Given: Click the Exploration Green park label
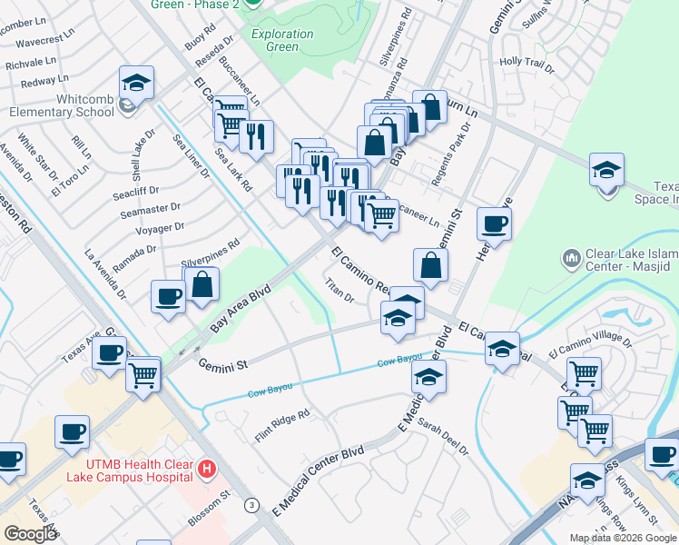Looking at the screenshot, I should [x=282, y=40].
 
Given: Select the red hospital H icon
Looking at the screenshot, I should [x=207, y=470].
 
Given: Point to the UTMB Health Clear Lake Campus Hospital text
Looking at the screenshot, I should [x=130, y=470].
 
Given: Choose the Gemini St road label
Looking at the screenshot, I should [x=223, y=365].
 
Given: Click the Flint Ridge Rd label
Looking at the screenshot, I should [x=281, y=420].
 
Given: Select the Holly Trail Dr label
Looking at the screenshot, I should [x=526, y=64].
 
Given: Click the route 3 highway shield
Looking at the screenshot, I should [x=251, y=505].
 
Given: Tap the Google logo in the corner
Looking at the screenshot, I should [x=29, y=534].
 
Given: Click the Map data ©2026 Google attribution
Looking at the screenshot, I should [x=623, y=537].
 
